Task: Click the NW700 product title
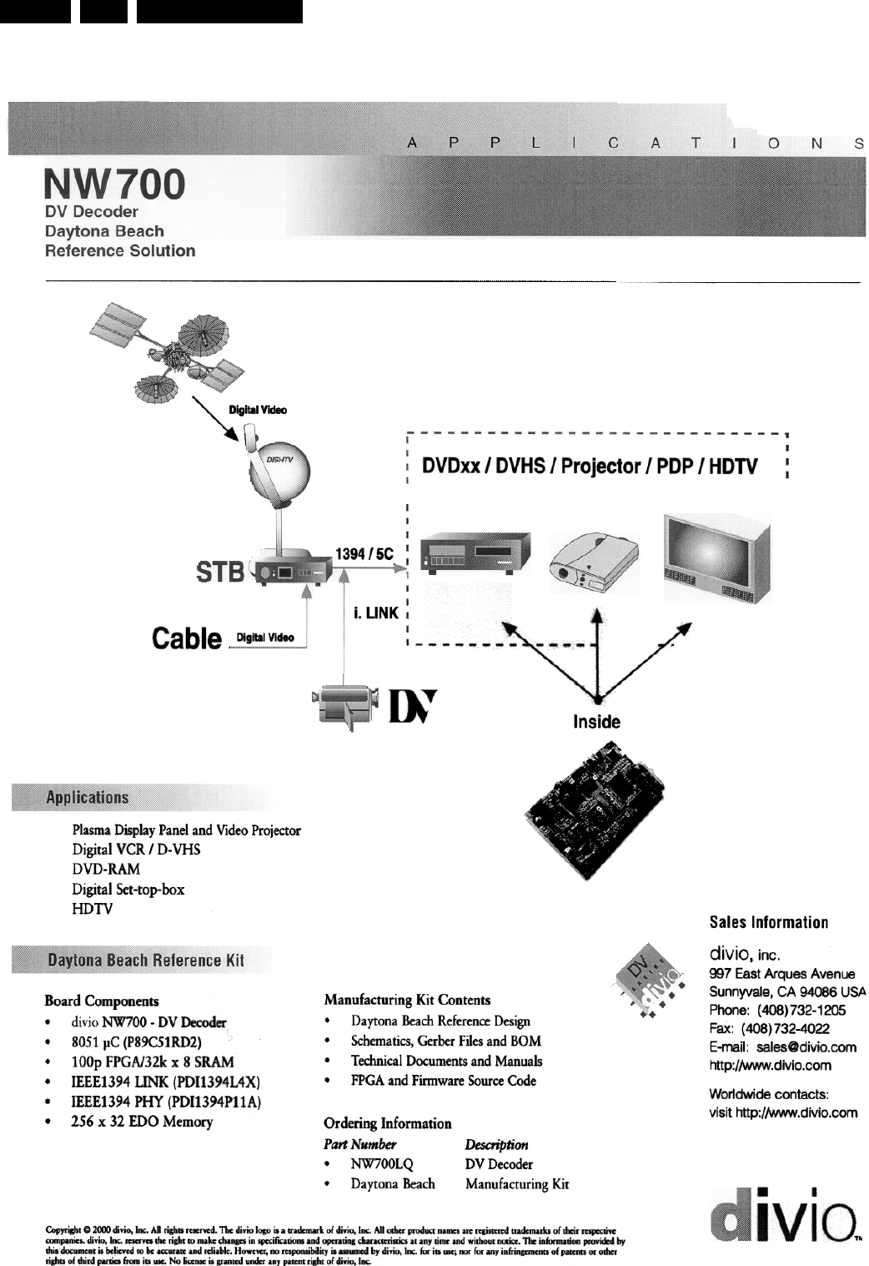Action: (114, 184)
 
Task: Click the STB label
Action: (221, 572)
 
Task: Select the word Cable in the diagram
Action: (188, 638)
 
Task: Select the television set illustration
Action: (716, 558)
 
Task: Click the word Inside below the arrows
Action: (596, 722)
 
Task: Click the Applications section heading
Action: (88, 797)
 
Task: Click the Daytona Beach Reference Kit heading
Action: (146, 960)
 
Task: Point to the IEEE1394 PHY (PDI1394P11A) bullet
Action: (167, 1102)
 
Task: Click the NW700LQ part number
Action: (382, 1164)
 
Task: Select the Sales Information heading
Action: (768, 922)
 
